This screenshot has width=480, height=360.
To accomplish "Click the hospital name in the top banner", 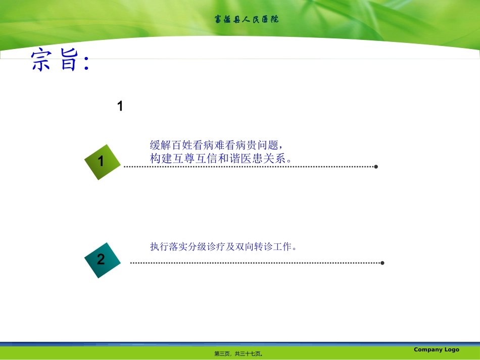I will tap(246, 20).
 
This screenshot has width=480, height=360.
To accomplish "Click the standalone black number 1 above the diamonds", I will tap(120, 106).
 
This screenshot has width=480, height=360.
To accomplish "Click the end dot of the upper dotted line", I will tap(376, 167).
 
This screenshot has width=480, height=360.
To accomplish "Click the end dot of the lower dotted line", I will tap(382, 263).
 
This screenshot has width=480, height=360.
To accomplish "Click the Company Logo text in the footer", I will tap(437, 349).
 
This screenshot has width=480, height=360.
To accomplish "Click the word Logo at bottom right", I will tap(451, 349).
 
